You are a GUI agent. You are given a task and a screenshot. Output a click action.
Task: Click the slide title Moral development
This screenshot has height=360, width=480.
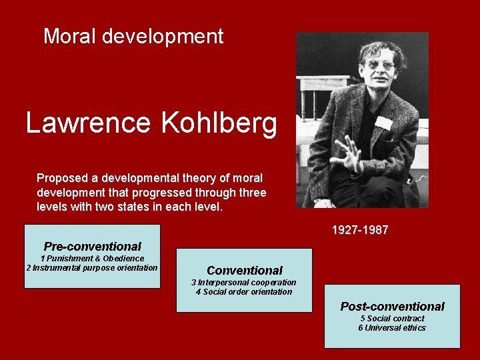click(133, 36)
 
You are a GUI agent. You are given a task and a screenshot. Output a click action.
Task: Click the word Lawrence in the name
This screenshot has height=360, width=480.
click(87, 123)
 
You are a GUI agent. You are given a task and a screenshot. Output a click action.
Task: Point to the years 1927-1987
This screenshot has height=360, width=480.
click(360, 231)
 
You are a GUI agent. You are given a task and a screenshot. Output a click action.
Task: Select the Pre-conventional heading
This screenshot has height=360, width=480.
click(92, 247)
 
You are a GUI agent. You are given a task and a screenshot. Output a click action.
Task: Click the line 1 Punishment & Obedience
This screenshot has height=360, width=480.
click(92, 259)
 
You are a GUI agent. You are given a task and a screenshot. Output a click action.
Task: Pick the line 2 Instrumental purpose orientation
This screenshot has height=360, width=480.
click(92, 268)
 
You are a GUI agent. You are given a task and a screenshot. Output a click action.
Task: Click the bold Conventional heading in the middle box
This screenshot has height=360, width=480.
click(245, 271)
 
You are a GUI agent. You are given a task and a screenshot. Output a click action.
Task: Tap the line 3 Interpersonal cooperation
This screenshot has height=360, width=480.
click(244, 283)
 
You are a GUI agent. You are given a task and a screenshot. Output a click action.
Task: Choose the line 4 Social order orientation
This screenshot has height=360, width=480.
click(244, 292)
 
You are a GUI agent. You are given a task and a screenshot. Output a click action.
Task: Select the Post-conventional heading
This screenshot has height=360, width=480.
click(392, 307)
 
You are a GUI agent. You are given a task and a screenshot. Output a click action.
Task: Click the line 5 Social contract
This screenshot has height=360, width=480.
click(392, 319)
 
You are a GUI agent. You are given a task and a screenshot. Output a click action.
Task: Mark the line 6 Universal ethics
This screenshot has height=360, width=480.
click(392, 328)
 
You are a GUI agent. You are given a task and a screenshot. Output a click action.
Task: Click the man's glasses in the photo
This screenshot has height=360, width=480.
click(380, 65)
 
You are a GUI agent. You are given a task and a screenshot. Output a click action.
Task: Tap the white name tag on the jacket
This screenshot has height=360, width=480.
click(383, 123)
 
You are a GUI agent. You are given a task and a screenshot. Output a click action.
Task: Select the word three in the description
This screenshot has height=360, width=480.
click(253, 193)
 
